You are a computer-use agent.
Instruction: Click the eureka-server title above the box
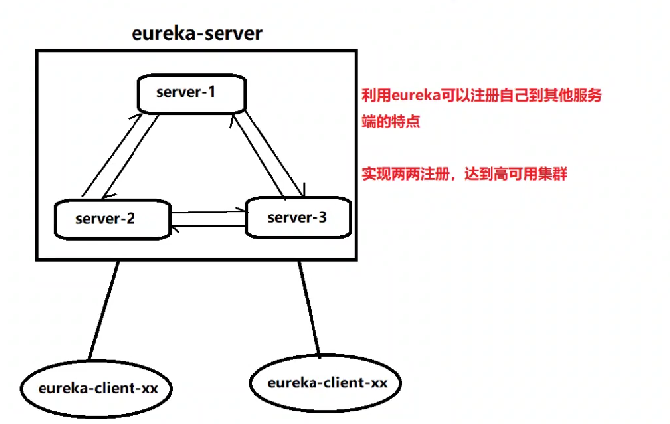(x=197, y=34)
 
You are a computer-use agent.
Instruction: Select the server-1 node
(x=192, y=93)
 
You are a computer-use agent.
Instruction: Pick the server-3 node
(x=298, y=217)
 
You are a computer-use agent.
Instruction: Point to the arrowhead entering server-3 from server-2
(x=243, y=210)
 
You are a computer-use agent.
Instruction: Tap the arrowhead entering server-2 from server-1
(x=105, y=196)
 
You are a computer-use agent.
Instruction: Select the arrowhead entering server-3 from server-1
(x=302, y=192)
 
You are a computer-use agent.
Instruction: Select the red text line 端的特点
(x=391, y=121)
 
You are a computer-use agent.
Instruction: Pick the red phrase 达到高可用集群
(x=515, y=174)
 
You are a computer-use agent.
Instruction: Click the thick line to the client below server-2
(x=104, y=310)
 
